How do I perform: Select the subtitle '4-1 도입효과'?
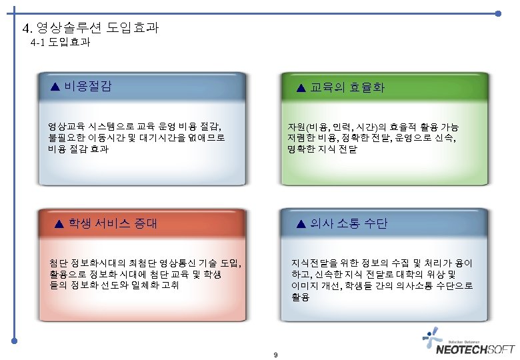(61, 43)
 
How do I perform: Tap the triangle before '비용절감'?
(57, 86)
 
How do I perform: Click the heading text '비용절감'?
(88, 86)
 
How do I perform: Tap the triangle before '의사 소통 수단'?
(300, 223)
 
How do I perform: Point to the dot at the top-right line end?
(499, 14)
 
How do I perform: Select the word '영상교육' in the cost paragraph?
(63, 126)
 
